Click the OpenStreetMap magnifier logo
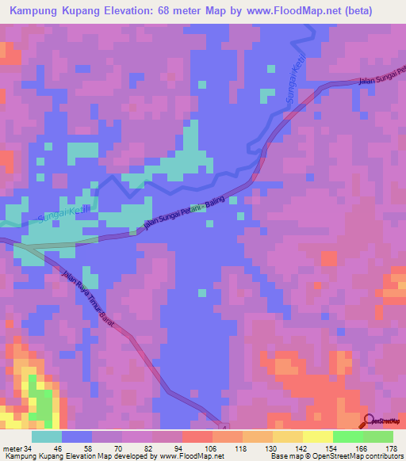pyautogui.click(x=369, y=421)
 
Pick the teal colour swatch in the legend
pyautogui.click(x=47, y=436)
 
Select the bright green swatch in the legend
pyautogui.click(x=347, y=436)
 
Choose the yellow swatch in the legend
pyautogui.click(x=317, y=436)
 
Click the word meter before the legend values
pyautogui.click(x=13, y=449)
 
